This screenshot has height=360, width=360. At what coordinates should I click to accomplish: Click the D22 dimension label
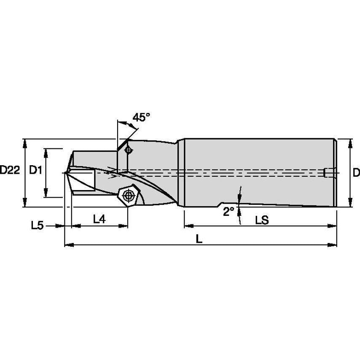[x=10, y=170]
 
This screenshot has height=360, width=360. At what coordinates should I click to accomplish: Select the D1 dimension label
[x=35, y=170]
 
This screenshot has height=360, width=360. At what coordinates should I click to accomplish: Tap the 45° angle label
[x=141, y=117]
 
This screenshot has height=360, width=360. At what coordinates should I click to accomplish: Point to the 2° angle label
[x=228, y=211]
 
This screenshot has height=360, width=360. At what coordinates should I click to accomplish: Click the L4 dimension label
[x=99, y=219]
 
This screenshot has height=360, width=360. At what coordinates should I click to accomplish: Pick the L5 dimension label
[x=37, y=226]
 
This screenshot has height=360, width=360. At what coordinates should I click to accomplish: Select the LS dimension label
[x=262, y=220]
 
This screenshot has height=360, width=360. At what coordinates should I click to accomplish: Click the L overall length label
[x=199, y=239]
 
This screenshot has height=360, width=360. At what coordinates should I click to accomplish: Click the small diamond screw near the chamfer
[x=129, y=150]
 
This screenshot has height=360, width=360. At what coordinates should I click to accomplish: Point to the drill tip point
[x=65, y=173]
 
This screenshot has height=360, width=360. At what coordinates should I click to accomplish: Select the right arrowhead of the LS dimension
[x=332, y=226]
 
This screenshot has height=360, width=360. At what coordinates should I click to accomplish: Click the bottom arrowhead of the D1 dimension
[x=46, y=192]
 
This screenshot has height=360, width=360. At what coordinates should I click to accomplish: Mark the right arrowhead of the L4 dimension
[x=123, y=226]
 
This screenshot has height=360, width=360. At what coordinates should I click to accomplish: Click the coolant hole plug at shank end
[x=327, y=173]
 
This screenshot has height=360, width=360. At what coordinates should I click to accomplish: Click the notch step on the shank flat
[x=220, y=204]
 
